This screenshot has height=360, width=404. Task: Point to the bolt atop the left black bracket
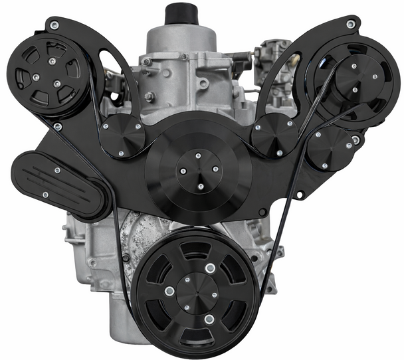point(54,25)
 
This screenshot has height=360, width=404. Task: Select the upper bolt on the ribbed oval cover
point(58,170)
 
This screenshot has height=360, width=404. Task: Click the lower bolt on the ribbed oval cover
point(45,195)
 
